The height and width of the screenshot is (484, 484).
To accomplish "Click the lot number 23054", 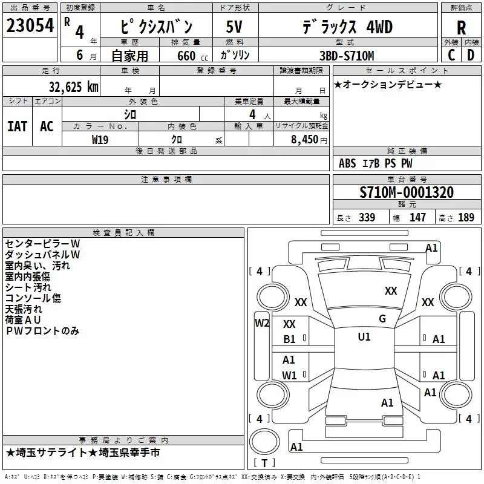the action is point(30,25).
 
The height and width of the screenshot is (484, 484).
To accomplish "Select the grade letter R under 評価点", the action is point(461,28).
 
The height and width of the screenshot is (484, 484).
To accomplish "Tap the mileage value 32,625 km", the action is point(73,87).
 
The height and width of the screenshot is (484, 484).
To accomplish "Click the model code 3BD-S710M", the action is point(347,56).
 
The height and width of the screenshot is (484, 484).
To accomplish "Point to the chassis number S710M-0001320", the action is point(407,192).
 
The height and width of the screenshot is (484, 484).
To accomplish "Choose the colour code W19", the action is point(100,140).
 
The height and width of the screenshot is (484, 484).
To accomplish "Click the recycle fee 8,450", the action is point(304,139).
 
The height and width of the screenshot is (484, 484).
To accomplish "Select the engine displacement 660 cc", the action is point(192,56).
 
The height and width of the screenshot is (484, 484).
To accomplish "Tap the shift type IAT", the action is point(18,126).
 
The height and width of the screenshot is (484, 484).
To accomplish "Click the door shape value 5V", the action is point(234,27).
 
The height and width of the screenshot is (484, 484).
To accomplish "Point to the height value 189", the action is point(466,217).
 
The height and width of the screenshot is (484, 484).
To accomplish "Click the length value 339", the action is point(367,217).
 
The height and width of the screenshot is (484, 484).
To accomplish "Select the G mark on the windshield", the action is point(382,319).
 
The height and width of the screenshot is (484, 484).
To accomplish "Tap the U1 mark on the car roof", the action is point(364,337).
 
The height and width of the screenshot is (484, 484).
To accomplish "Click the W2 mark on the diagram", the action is point(262,323).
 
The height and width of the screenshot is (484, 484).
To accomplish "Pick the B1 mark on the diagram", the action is point(289,339).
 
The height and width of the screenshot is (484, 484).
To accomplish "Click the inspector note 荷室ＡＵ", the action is point(23,320).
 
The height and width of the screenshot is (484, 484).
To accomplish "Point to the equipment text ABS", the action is point(347,163).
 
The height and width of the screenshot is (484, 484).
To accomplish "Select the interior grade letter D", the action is point(471,55).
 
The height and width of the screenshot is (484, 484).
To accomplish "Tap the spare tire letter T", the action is point(264,463).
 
